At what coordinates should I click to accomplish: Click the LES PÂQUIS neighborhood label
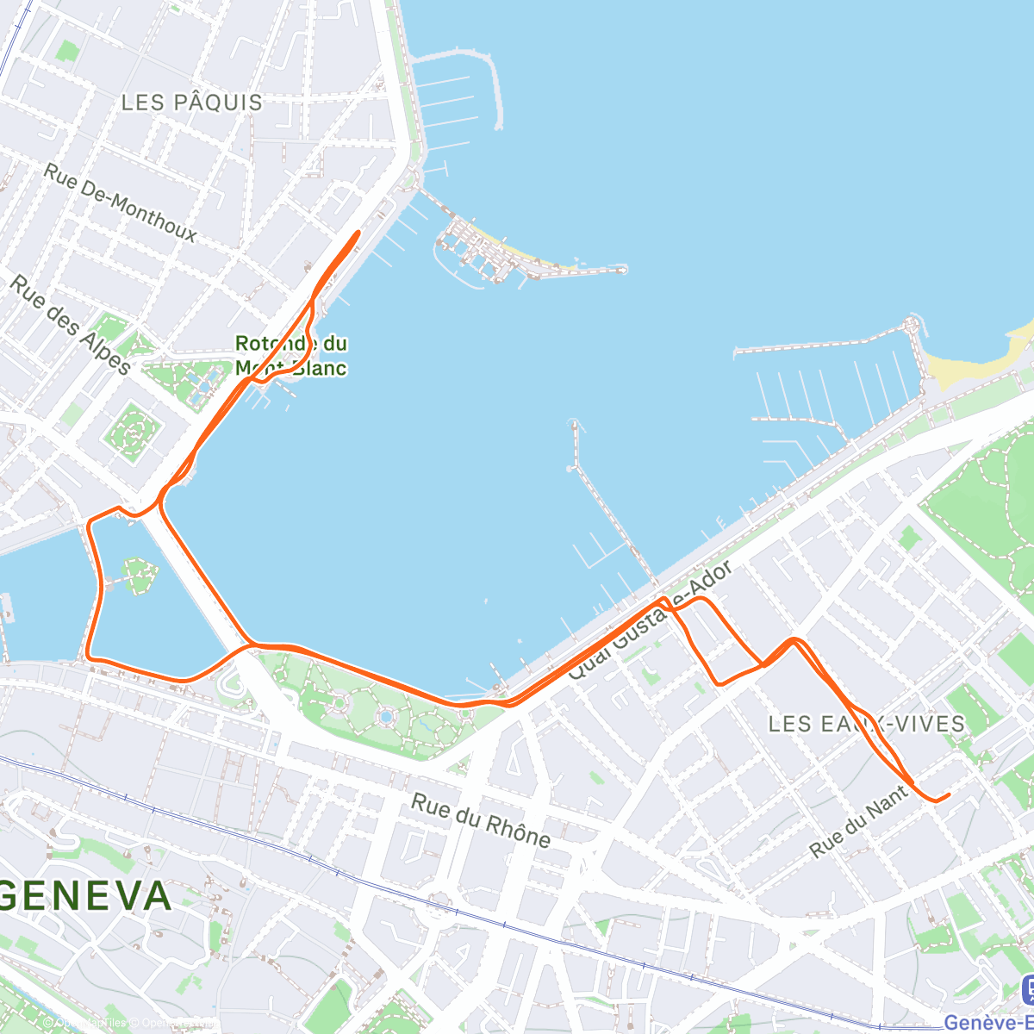point(191,103)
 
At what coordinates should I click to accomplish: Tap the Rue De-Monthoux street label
point(121,203)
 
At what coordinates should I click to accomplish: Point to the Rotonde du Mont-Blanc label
point(291,356)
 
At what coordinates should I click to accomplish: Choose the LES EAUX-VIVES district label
point(866,724)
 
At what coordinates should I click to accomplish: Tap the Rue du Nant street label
point(859,821)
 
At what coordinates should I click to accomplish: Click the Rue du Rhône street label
point(480,820)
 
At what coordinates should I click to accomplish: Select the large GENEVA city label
point(86,896)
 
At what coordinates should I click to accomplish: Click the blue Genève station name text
point(988,1023)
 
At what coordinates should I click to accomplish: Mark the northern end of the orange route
point(358,232)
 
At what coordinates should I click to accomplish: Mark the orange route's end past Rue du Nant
point(949,794)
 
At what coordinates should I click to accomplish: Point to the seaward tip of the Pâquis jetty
point(623,270)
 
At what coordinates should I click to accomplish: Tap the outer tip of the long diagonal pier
point(573,424)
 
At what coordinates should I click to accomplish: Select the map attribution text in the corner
point(129,1023)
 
